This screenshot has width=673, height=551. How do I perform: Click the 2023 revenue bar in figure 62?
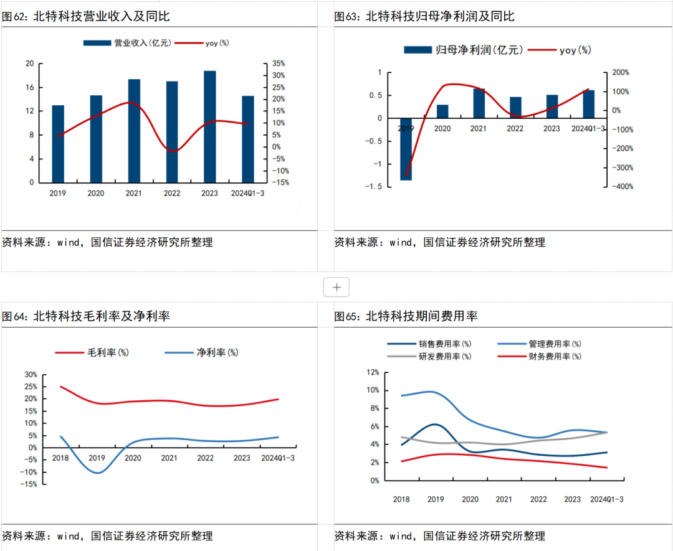click(x=209, y=127)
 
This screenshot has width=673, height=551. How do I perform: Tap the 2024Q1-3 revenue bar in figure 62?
click(x=247, y=139)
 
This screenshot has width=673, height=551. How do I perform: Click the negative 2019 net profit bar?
click(x=406, y=149)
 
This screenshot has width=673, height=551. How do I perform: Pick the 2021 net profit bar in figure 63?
click(x=479, y=103)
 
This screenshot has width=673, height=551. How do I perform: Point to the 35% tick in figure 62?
click(x=278, y=64)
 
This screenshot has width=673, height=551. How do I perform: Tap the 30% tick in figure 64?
click(x=31, y=375)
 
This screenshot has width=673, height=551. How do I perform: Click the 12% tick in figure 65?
click(x=373, y=372)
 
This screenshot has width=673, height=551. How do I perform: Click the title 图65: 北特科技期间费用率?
click(x=406, y=316)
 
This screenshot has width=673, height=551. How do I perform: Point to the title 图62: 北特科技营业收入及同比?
click(x=86, y=17)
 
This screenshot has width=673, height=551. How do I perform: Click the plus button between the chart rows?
click(x=336, y=288)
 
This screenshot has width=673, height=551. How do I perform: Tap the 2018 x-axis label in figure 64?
click(x=60, y=458)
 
